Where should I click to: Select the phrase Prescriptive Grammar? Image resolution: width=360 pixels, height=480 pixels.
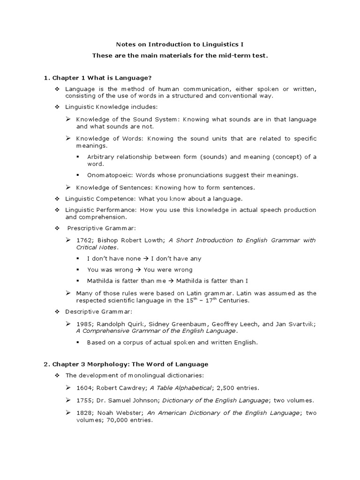click(x=97, y=228)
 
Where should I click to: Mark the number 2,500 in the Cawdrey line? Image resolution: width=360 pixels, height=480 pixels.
click(x=226, y=388)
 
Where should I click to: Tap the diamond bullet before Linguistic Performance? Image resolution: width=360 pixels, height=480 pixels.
click(x=57, y=210)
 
